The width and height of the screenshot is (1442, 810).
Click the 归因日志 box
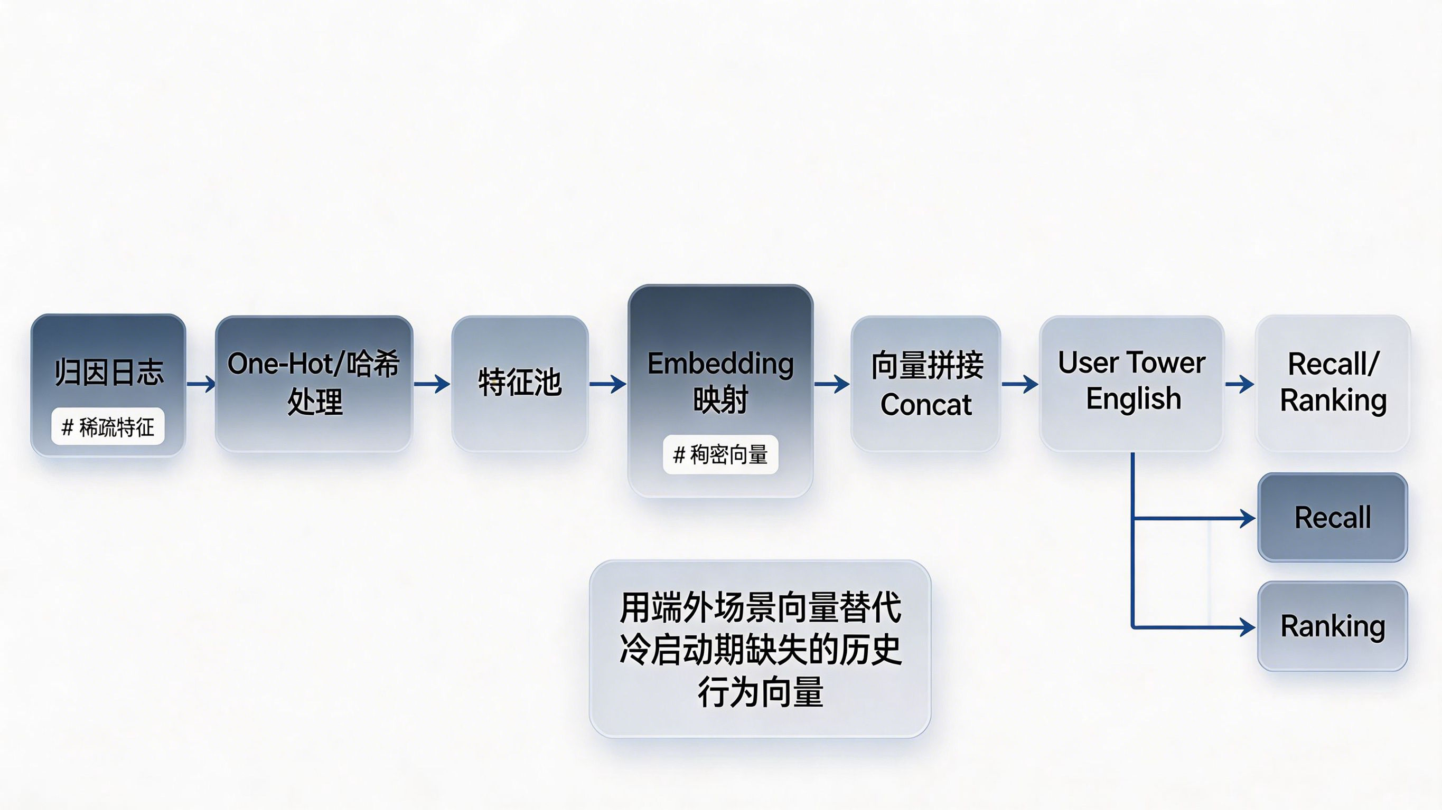(108, 385)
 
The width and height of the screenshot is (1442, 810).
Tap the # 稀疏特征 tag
(108, 427)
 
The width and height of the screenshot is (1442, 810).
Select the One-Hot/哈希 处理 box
(314, 383)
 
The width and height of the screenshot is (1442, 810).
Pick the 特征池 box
(520, 383)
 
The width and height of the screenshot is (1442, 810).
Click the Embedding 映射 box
(720, 390)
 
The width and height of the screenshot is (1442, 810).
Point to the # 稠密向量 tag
(720, 454)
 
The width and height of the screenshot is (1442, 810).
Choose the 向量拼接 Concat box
(926, 383)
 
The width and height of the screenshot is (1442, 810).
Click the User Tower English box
(1132, 383)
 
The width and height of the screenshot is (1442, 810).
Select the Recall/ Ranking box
(1333, 383)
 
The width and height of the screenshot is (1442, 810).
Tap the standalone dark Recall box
(1333, 518)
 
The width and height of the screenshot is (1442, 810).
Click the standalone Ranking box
(1333, 626)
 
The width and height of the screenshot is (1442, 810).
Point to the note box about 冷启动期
(760, 649)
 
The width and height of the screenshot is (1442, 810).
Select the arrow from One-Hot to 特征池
(432, 384)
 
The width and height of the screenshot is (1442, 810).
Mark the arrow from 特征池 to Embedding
(608, 384)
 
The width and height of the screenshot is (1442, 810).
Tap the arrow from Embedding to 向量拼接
(832, 384)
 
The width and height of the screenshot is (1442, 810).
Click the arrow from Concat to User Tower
(1020, 384)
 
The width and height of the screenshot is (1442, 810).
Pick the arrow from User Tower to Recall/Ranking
(1239, 384)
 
